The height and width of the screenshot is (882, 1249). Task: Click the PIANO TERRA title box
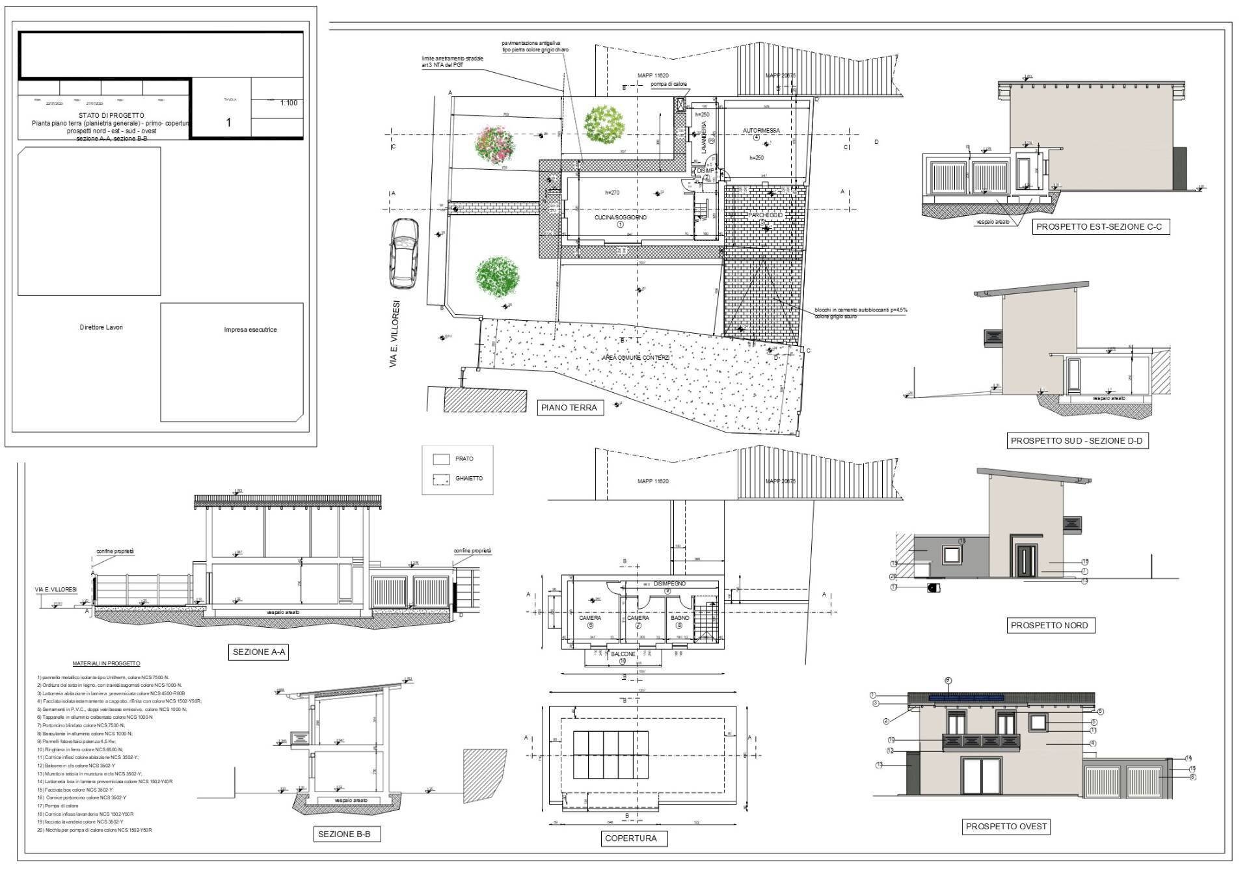[x=570, y=408]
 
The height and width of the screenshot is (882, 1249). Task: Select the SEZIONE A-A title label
[x=259, y=652]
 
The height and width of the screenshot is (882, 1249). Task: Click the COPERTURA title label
[x=630, y=838]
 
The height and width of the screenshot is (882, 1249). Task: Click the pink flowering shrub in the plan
[x=495, y=143]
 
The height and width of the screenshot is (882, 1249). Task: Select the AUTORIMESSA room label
[x=760, y=131]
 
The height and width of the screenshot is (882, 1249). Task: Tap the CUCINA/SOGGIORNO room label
[x=620, y=218]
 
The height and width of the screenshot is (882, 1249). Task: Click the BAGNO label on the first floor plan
[x=680, y=618]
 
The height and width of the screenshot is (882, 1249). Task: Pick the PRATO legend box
[x=442, y=459]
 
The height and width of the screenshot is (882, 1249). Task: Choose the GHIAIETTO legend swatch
[x=442, y=480]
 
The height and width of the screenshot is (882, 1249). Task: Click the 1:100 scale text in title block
[x=288, y=103]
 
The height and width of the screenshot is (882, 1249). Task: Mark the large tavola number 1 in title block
[x=228, y=122]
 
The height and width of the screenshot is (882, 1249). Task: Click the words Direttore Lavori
[x=101, y=327]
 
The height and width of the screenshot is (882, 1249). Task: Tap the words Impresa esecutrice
[x=250, y=330]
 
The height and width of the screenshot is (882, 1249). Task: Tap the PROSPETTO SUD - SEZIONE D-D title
[x=1076, y=441]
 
